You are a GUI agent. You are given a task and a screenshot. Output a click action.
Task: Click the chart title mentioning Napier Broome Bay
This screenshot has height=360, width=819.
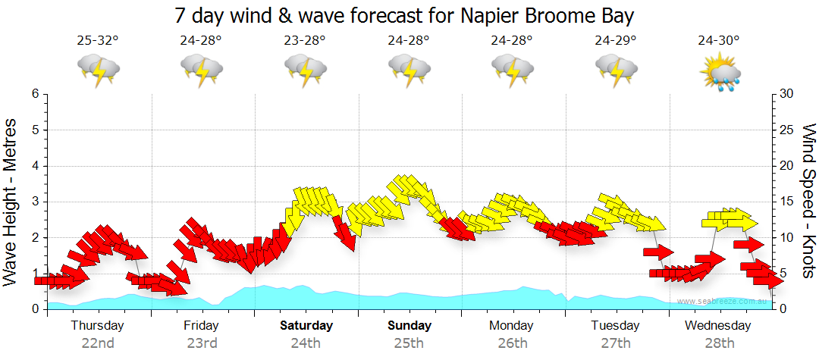tap(404, 15)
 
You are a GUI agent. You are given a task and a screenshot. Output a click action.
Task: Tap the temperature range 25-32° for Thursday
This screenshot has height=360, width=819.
tap(98, 41)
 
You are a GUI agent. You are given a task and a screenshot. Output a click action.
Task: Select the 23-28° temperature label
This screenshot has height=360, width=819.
tap(305, 41)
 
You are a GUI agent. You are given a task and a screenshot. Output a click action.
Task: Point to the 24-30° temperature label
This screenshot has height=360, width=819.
tap(719, 41)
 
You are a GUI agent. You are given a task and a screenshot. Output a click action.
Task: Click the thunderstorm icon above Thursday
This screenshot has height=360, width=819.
tap(99, 70)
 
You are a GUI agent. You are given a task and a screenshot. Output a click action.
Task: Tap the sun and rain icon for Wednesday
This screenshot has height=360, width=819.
tap(720, 72)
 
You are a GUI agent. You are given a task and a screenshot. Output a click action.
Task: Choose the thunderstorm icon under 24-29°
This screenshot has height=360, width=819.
tap(615, 70)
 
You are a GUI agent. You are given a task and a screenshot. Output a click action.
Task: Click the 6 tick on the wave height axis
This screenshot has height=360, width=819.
tap(34, 94)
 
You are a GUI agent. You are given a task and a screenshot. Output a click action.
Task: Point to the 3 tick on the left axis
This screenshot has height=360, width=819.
tap(34, 202)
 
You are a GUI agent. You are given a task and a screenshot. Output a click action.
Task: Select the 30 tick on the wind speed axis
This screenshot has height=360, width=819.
tap(787, 94)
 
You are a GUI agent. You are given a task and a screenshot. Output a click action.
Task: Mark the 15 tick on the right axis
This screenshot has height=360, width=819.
tap(787, 202)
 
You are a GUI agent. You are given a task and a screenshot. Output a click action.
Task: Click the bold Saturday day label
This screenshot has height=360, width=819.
tap(306, 326)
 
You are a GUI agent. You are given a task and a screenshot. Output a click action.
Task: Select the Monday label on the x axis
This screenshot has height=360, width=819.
tap(511, 326)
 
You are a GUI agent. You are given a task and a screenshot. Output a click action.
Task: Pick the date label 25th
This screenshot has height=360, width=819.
tap(409, 343)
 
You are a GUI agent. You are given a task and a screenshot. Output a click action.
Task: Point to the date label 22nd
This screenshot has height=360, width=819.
tap(98, 343)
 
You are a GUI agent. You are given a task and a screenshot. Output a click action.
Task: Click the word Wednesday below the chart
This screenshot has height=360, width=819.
tap(718, 326)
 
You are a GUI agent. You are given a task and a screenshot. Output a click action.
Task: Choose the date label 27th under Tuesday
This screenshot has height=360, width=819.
tap(615, 343)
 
